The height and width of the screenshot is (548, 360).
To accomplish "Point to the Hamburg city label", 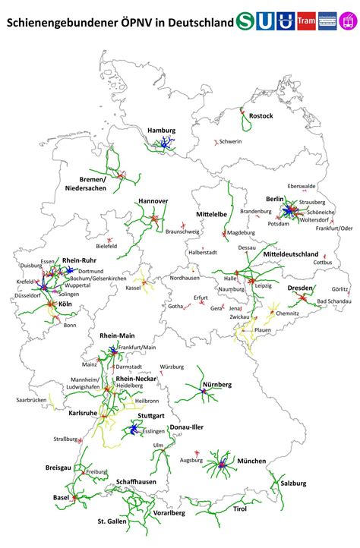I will tap(162, 130).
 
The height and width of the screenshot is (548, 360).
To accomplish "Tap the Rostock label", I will tap(261, 115).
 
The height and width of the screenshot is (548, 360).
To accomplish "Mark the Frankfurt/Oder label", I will tap(335, 228).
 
